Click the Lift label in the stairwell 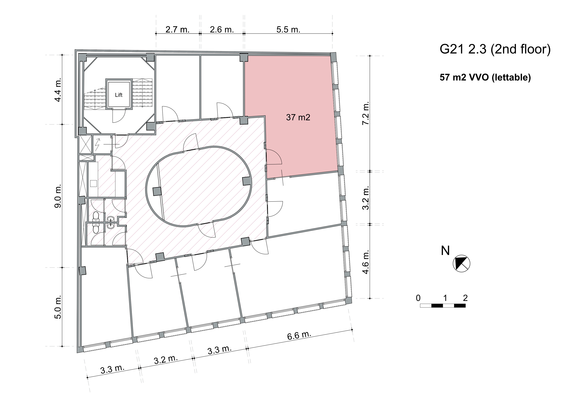[119, 95]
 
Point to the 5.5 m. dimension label [288, 30]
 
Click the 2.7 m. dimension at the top [177, 30]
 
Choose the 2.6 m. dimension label [222, 30]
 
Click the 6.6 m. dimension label [299, 335]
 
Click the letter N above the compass [445, 251]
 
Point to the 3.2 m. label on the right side [366, 198]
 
